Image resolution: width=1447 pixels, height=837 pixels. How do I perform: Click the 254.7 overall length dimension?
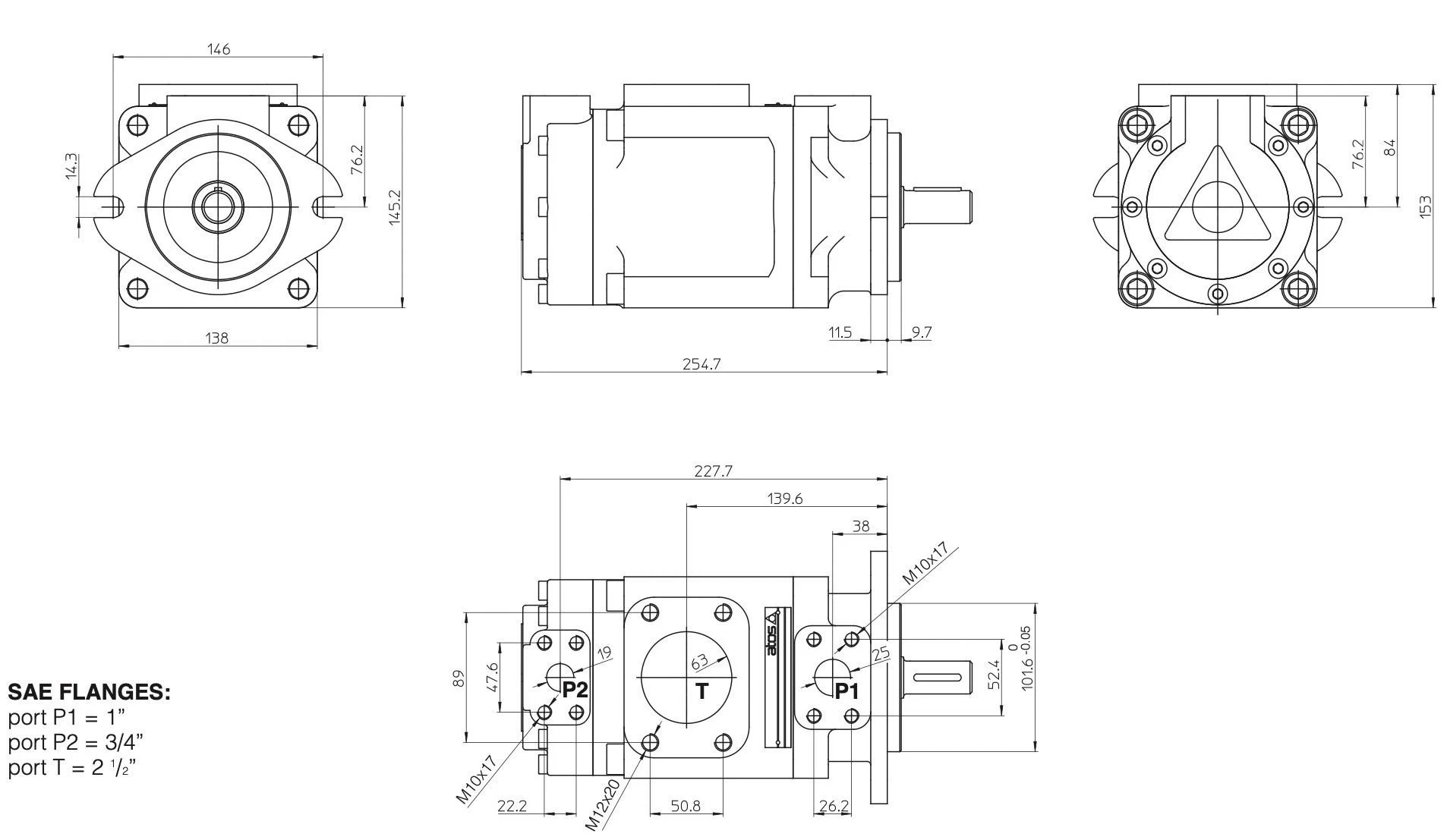pyautogui.click(x=701, y=364)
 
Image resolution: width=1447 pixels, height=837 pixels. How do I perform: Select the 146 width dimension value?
pyautogui.click(x=219, y=49)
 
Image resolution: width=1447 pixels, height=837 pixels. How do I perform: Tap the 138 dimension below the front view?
pyautogui.click(x=216, y=338)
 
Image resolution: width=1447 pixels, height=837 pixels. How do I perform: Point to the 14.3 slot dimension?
pyautogui.click(x=71, y=166)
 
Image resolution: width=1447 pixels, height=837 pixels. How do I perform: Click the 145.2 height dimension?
pyautogui.click(x=394, y=207)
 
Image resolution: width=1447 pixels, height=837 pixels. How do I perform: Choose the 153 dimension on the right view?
pyautogui.click(x=1425, y=207)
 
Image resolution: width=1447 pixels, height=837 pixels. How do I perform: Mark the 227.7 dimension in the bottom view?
pyautogui.click(x=713, y=471)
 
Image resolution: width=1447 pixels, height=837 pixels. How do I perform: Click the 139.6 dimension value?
pyautogui.click(x=784, y=499)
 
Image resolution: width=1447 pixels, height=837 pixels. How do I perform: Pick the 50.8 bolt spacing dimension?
pyautogui.click(x=686, y=806)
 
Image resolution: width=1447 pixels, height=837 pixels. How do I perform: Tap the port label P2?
pyautogui.click(x=575, y=690)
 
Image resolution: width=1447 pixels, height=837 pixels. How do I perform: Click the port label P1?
pyautogui.click(x=846, y=691)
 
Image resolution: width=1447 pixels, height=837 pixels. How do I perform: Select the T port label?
pyautogui.click(x=702, y=691)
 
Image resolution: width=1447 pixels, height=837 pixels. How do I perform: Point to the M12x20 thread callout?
pyautogui.click(x=603, y=802)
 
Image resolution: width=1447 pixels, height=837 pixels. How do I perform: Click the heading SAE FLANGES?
pyautogui.click(x=89, y=692)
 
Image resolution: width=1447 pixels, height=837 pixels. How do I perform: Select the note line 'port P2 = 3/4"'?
pyautogui.click(x=76, y=741)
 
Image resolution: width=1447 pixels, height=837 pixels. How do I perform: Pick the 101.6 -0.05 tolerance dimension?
pyautogui.click(x=1026, y=658)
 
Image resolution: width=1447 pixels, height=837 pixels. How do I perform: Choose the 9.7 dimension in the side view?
pyautogui.click(x=921, y=332)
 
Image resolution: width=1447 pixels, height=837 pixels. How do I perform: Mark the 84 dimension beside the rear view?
pyautogui.click(x=1390, y=147)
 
